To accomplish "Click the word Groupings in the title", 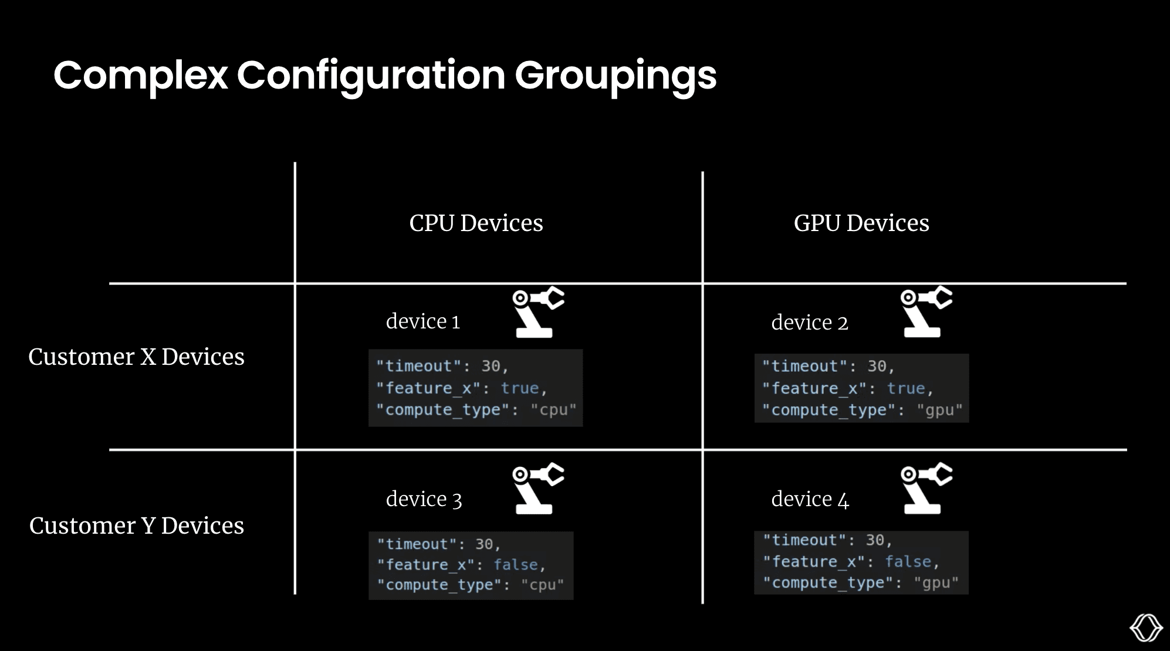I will tap(616, 76).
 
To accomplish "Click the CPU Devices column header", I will tap(476, 223).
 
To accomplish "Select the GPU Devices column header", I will tap(861, 223).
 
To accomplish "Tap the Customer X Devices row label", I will tap(136, 357).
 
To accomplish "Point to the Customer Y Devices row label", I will tap(136, 525).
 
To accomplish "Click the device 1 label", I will tap(422, 321).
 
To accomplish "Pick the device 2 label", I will tap(809, 323).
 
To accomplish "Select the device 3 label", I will tap(424, 499).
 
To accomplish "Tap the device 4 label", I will tap(810, 499).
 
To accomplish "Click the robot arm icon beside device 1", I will tap(537, 313).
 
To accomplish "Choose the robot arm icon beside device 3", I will tap(537, 489).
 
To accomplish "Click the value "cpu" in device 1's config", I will tap(553, 410).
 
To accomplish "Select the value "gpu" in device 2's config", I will tap(939, 410).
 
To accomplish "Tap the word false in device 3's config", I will tap(516, 565).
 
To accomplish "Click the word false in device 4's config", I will tap(908, 562).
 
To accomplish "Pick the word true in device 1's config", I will tap(519, 388).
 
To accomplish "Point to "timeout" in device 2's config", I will tap(804, 367).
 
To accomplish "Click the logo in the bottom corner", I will tap(1146, 628).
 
